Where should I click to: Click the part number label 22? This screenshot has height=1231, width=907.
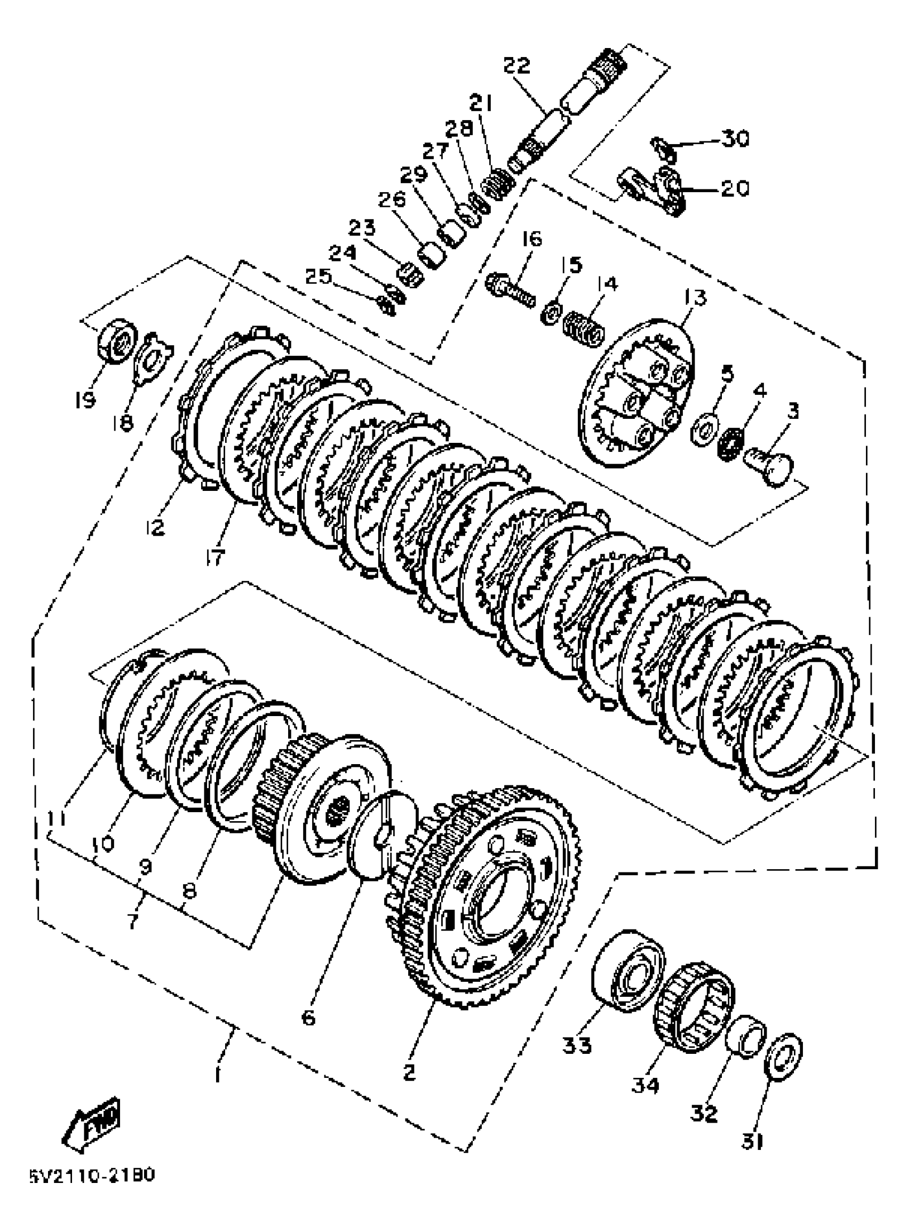(516, 66)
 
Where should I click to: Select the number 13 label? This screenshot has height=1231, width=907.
(695, 298)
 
